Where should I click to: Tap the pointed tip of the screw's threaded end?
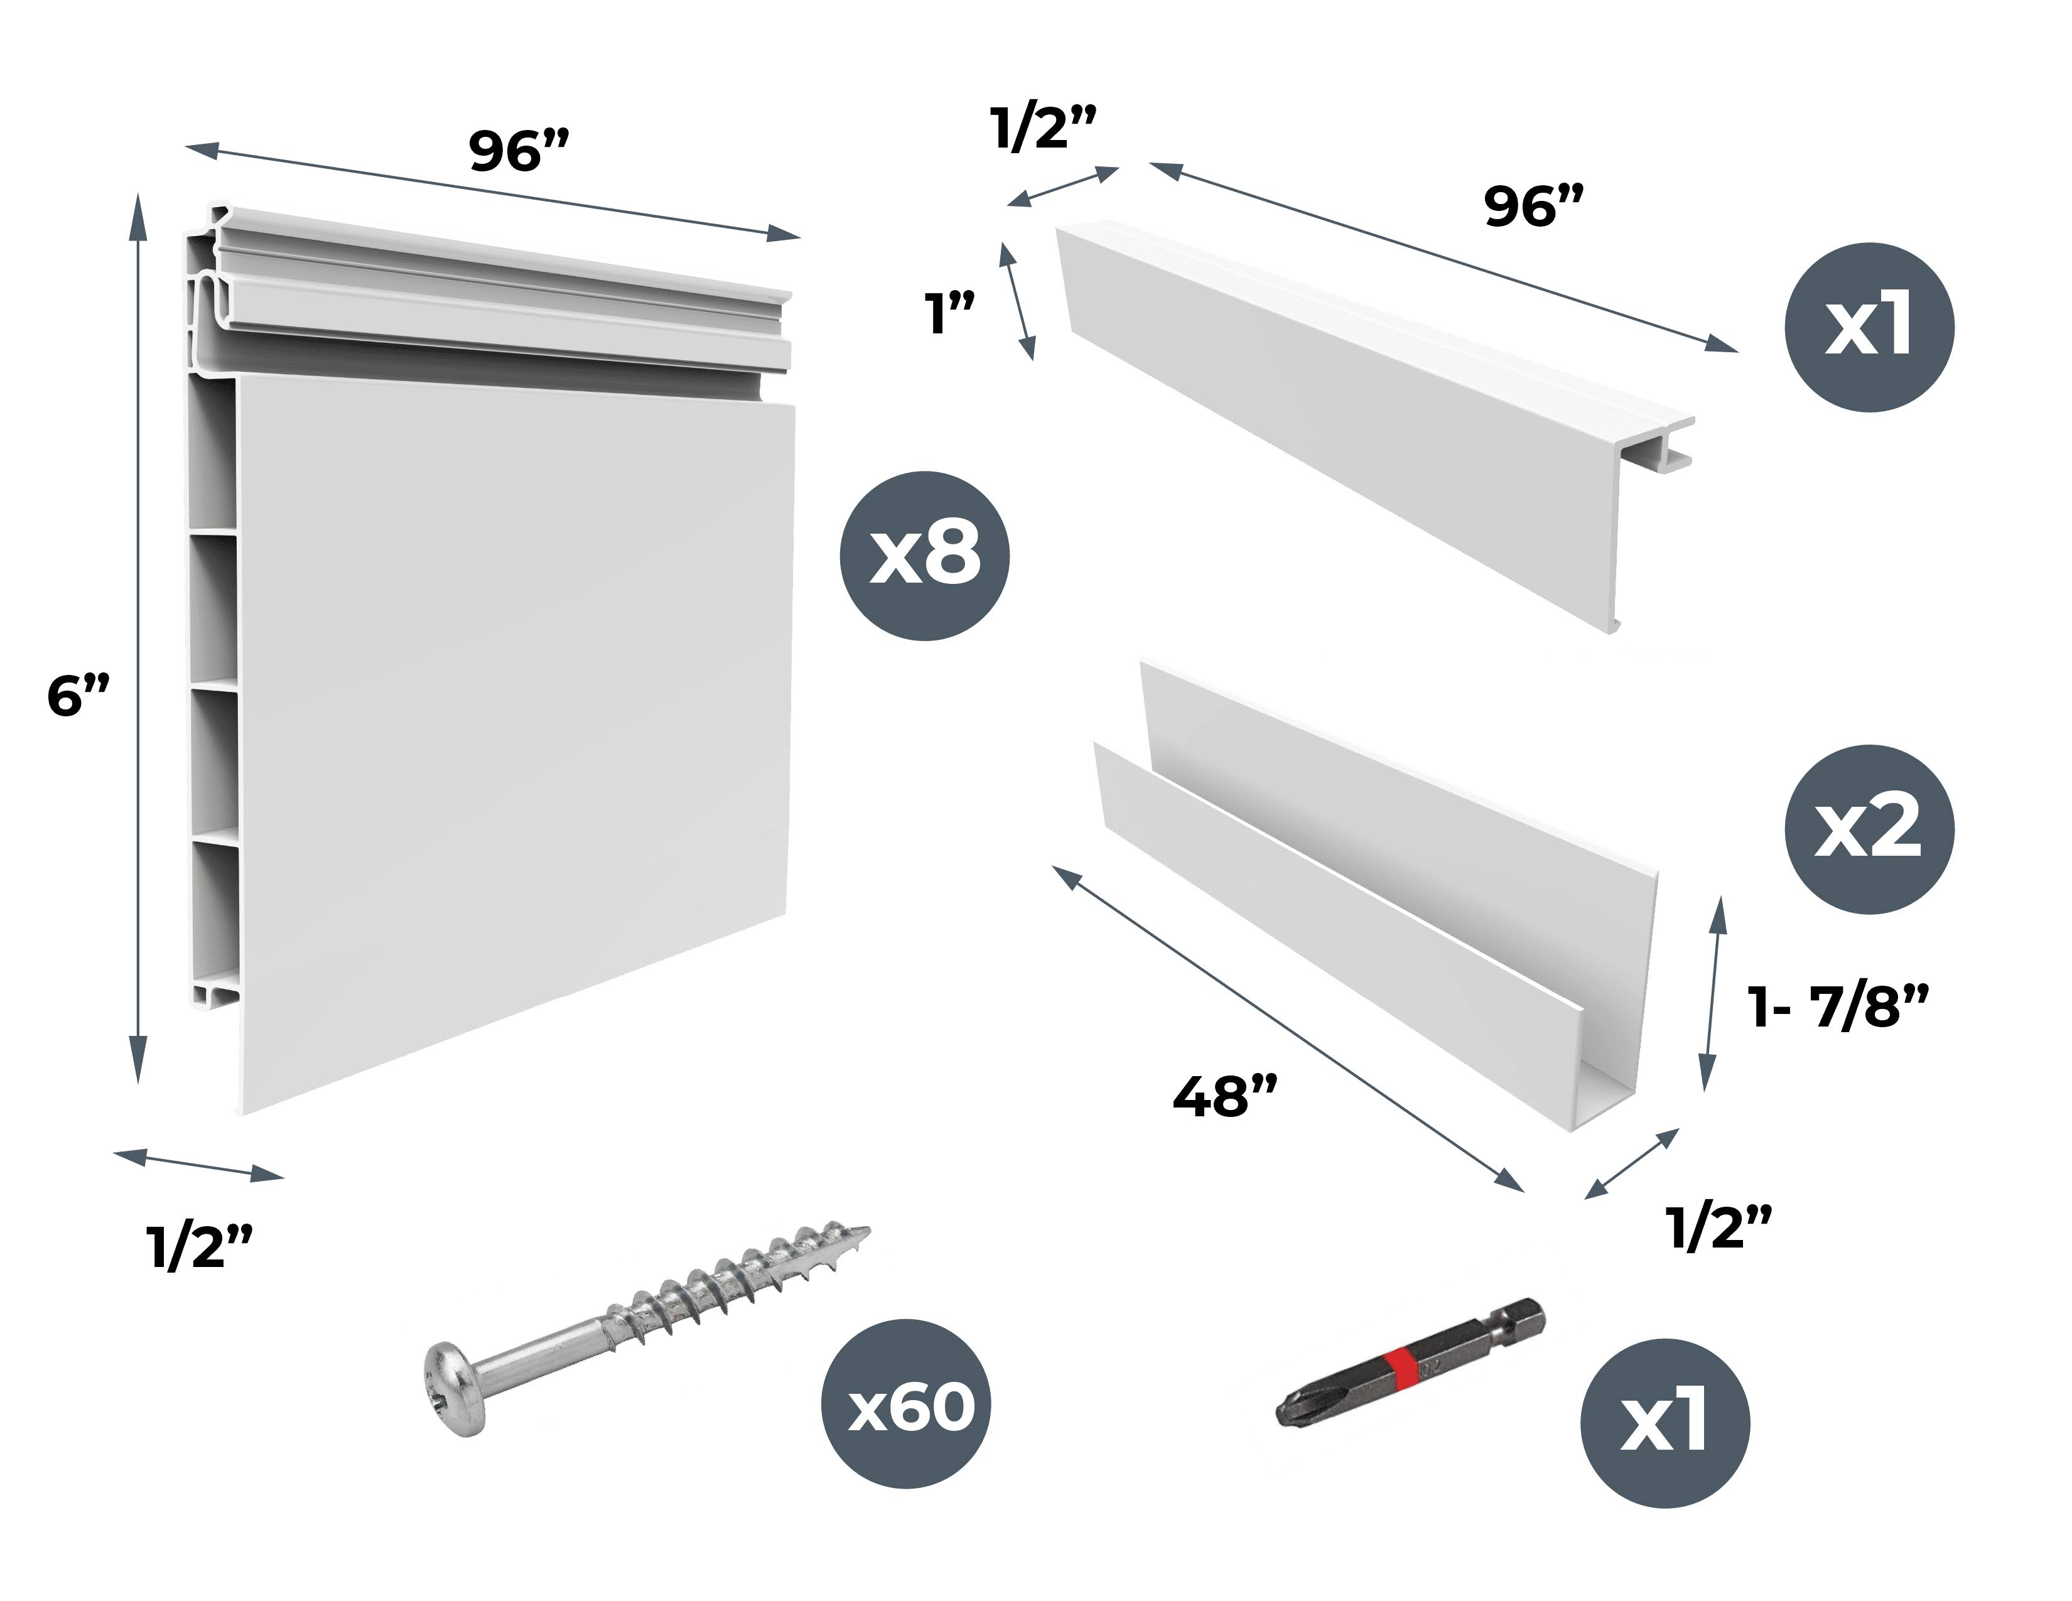coord(866,1231)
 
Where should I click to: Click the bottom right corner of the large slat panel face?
coord(787,915)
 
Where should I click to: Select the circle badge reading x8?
coord(925,556)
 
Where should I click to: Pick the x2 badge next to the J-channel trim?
coord(1869,829)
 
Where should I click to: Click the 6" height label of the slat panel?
coord(78,697)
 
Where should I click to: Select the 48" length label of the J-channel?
coord(1226,1097)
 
